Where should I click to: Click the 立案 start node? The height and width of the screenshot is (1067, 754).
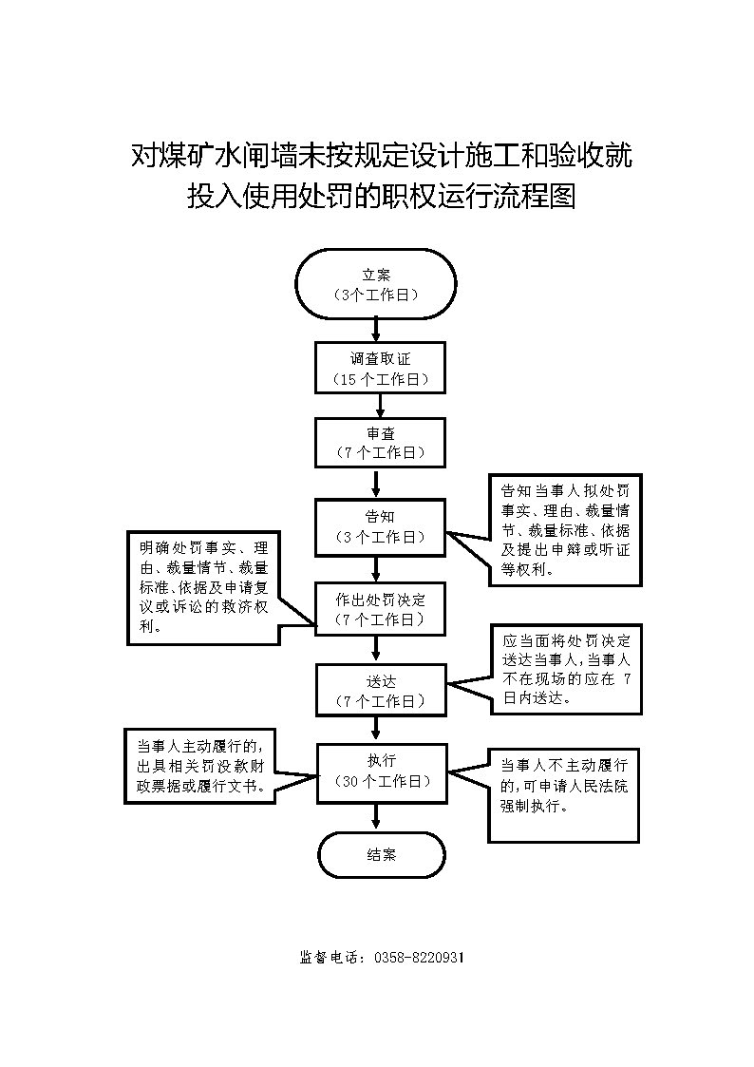pyautogui.click(x=376, y=284)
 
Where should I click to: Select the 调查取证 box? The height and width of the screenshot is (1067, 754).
pyautogui.click(x=380, y=368)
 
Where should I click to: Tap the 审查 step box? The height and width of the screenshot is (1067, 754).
pyautogui.click(x=381, y=443)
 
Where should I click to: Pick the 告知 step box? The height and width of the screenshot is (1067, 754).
pyautogui.click(x=381, y=526)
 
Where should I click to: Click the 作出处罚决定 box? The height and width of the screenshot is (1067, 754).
pyautogui.click(x=381, y=609)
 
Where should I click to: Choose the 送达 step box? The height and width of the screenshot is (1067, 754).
pyautogui.click(x=381, y=691)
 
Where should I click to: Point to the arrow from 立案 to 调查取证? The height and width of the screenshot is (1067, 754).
pyautogui.click(x=377, y=330)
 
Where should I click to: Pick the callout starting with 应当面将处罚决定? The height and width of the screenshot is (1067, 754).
pyautogui.click(x=565, y=669)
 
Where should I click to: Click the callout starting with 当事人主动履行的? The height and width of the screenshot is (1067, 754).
pyautogui.click(x=201, y=766)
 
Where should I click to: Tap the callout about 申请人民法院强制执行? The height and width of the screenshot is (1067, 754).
pyautogui.click(x=563, y=797)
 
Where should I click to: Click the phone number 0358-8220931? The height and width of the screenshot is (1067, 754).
pyautogui.click(x=420, y=958)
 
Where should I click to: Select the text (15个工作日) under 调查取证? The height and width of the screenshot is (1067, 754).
pyautogui.click(x=380, y=379)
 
